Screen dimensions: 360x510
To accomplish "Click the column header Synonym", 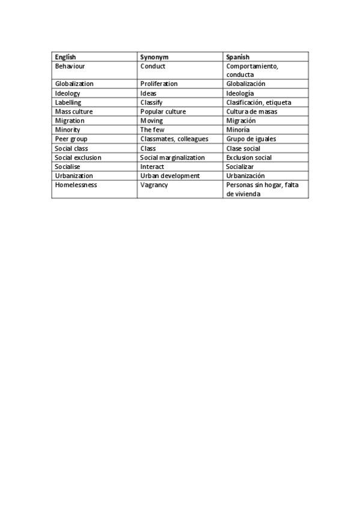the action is tap(154, 57).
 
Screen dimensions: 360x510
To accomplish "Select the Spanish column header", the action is tap(237, 57).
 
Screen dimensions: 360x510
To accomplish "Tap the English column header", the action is tap(66, 57).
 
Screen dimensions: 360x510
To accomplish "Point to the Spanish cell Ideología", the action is tap(240, 93).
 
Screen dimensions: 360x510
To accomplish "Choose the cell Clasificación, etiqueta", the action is tap(258, 103).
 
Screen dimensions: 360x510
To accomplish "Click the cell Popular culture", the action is tap(163, 112).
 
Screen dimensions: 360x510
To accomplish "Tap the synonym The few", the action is tap(152, 130).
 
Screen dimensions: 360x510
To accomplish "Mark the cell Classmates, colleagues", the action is tap(174, 139).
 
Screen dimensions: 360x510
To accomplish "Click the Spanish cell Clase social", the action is tap(243, 149).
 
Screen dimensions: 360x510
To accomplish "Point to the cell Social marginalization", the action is tap(172, 158).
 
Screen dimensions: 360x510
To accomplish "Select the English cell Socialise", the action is tap(67, 167).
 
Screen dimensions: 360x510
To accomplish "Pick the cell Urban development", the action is tap(169, 176).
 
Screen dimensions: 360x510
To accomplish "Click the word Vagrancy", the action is tap(154, 185).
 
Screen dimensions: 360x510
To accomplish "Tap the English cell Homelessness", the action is tap(76, 185).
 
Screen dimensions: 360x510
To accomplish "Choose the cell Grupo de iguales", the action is tap(251, 139).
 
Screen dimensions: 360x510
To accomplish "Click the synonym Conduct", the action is tap(153, 66).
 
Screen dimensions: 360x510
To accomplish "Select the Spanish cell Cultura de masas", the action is tap(252, 112).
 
